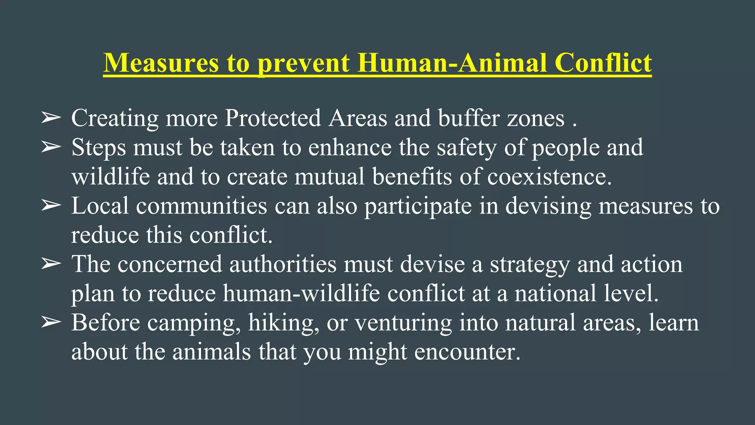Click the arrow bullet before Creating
[x=51, y=118]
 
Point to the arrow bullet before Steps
[x=51, y=147]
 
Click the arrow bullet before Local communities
[x=51, y=205]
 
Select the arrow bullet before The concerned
[x=51, y=264]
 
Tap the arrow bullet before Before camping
[x=51, y=322]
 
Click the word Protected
[x=273, y=118]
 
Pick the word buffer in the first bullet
[x=469, y=118]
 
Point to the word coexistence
[x=549, y=176]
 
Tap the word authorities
[x=283, y=264]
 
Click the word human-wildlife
[x=301, y=293]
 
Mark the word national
[x=555, y=293]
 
